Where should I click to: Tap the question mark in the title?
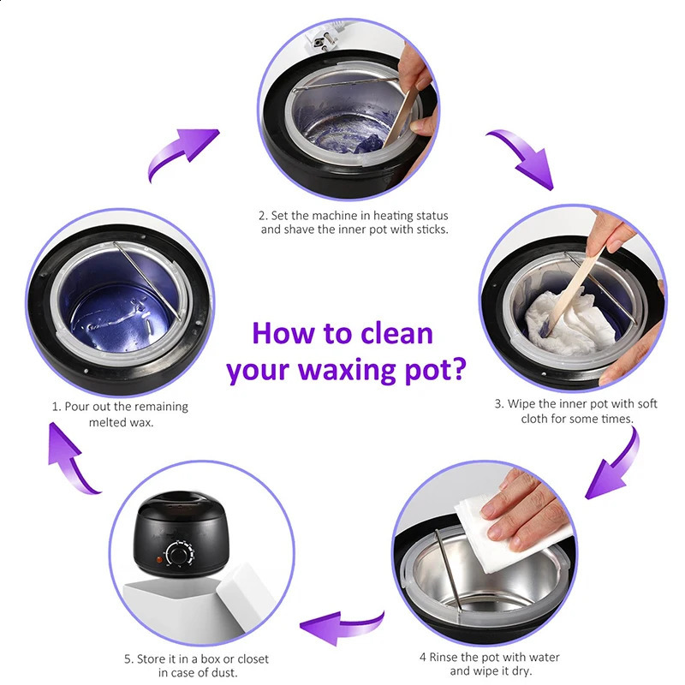(x=458, y=372)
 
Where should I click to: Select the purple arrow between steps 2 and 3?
(x=519, y=156)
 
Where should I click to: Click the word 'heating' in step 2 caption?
(x=383, y=216)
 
